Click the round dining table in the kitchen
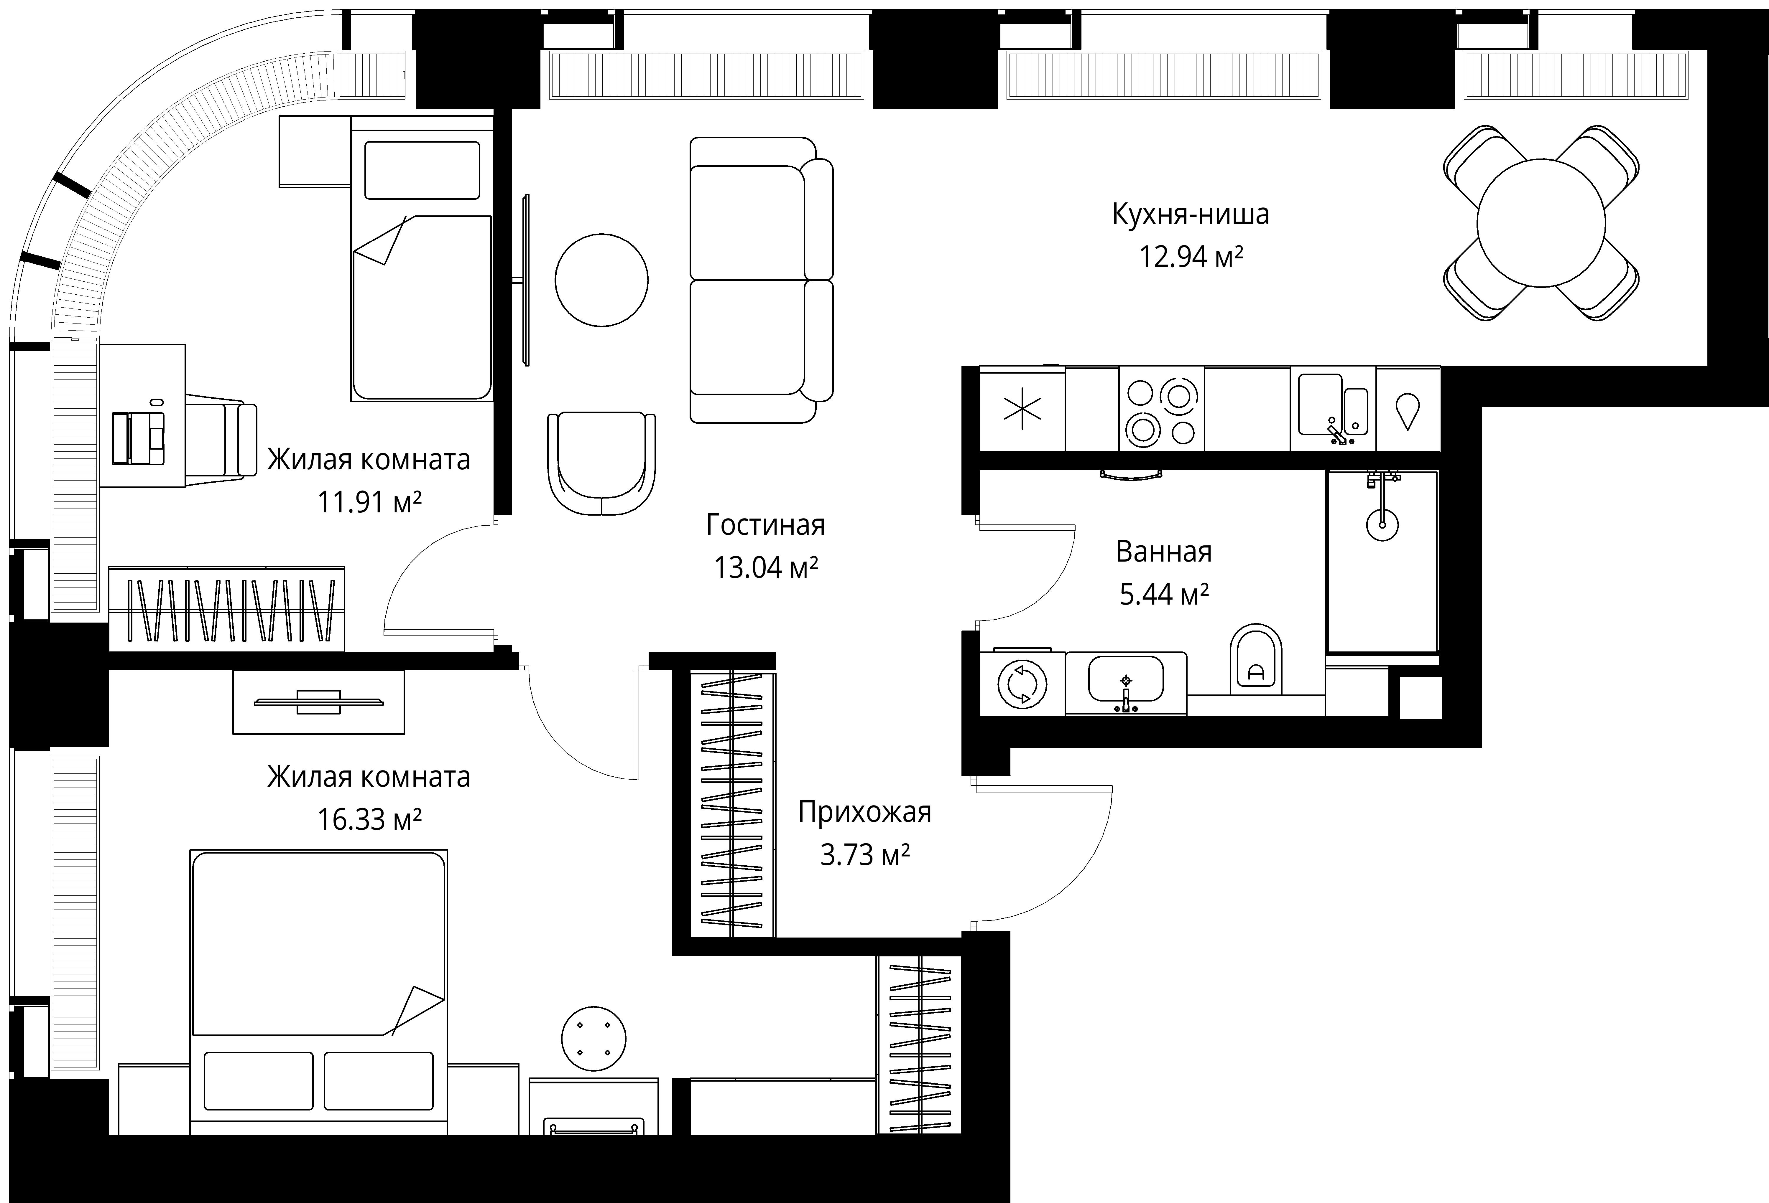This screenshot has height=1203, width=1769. pos(1541,223)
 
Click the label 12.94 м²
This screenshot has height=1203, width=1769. pos(1191,257)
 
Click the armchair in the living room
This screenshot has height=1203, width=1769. pos(601,463)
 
